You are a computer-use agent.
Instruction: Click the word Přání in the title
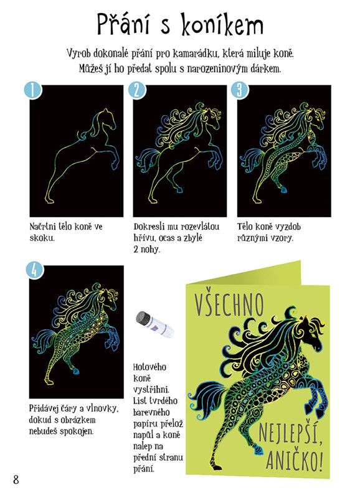(x=123, y=24)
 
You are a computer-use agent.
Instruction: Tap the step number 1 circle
(x=33, y=90)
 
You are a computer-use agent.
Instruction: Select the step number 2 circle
(x=137, y=90)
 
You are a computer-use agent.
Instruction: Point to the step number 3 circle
(x=240, y=90)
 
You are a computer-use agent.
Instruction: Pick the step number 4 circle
(x=34, y=270)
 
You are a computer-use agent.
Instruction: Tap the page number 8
(x=16, y=479)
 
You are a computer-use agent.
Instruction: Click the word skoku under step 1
(x=42, y=238)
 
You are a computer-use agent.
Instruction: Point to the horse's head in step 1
(x=108, y=119)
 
